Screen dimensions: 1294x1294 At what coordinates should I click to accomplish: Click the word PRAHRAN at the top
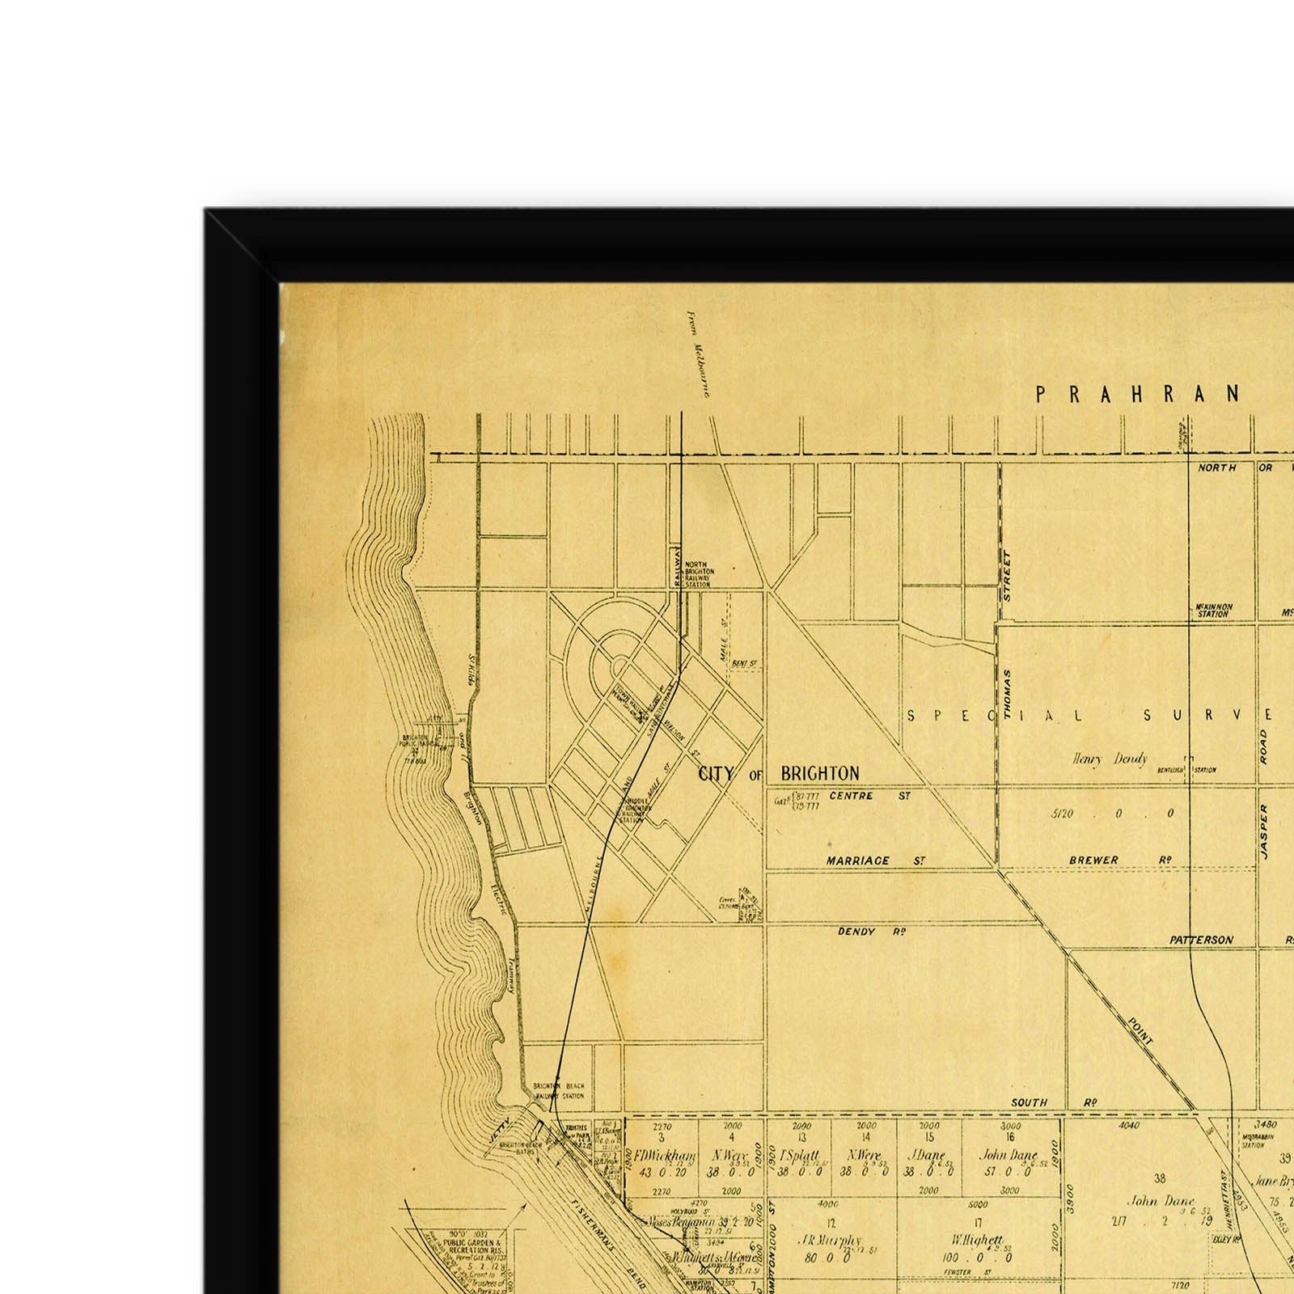pyautogui.click(x=1137, y=394)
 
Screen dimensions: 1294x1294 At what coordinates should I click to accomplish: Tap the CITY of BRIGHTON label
pyautogui.click(x=779, y=774)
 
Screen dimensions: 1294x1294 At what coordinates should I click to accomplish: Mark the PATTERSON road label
pyautogui.click(x=1201, y=941)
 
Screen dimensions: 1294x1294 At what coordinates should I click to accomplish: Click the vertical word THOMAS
pyautogui.click(x=1008, y=694)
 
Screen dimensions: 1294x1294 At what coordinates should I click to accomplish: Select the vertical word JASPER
pyautogui.click(x=1264, y=831)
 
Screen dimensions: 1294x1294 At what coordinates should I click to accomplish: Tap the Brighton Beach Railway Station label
pyautogui.click(x=558, y=1091)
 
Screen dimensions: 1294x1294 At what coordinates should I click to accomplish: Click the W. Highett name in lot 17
pyautogui.click(x=978, y=1239)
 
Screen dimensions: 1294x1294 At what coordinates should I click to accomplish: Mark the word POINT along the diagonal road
pyautogui.click(x=1140, y=1031)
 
